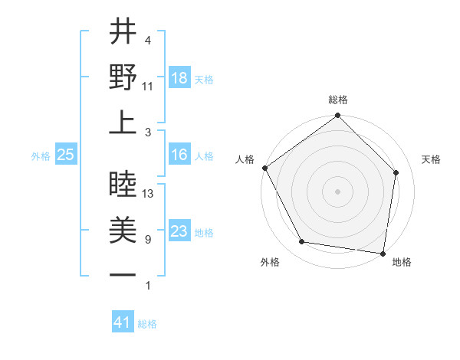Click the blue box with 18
click(x=179, y=79)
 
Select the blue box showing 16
click(x=179, y=155)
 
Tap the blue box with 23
click(x=179, y=232)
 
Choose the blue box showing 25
click(x=66, y=155)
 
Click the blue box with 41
click(x=123, y=323)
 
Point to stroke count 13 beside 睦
click(x=149, y=194)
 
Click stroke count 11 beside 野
click(x=148, y=86)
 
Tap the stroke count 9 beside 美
click(x=147, y=240)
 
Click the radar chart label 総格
click(x=338, y=100)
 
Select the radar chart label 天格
click(x=432, y=159)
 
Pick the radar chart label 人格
click(x=245, y=159)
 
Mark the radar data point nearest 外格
click(x=302, y=242)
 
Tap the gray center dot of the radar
click(x=338, y=191)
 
